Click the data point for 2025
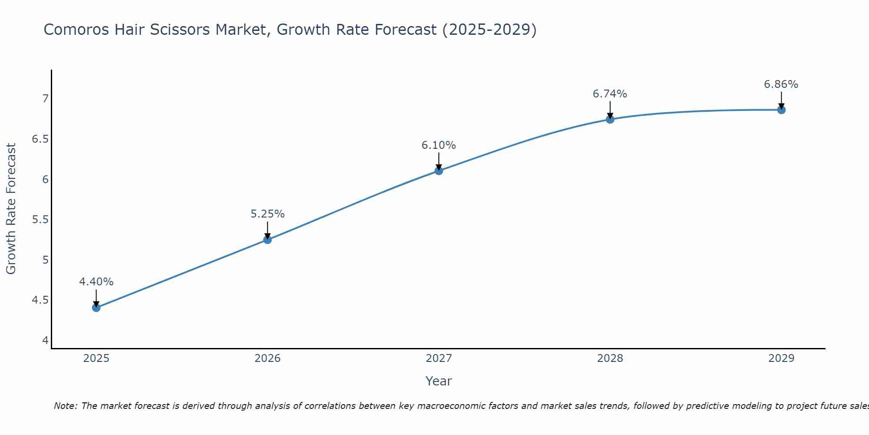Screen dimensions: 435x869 click(x=96, y=308)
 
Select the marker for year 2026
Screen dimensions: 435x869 click(x=267, y=239)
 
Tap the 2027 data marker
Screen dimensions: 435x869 click(x=438, y=171)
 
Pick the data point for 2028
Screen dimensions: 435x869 click(x=610, y=119)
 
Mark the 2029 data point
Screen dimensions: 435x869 click(x=781, y=110)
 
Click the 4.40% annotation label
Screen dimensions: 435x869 click(x=96, y=282)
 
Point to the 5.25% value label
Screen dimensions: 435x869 click(x=267, y=214)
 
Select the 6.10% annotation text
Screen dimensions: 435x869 click(x=438, y=145)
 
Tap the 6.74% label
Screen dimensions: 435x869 click(x=610, y=94)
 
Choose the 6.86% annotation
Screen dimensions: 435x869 click(x=781, y=84)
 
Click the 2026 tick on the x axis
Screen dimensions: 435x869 click(x=267, y=358)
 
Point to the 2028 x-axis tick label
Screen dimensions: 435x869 click(x=610, y=358)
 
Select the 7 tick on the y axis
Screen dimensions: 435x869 click(x=45, y=99)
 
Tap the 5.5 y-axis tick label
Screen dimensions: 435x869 click(x=40, y=220)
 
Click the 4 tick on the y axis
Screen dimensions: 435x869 click(x=45, y=341)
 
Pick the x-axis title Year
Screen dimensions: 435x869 click(x=438, y=381)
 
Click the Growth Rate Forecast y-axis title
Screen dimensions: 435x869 click(x=11, y=209)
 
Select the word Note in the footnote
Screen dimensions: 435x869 click(x=65, y=406)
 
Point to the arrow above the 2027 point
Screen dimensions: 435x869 click(x=438, y=161)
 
